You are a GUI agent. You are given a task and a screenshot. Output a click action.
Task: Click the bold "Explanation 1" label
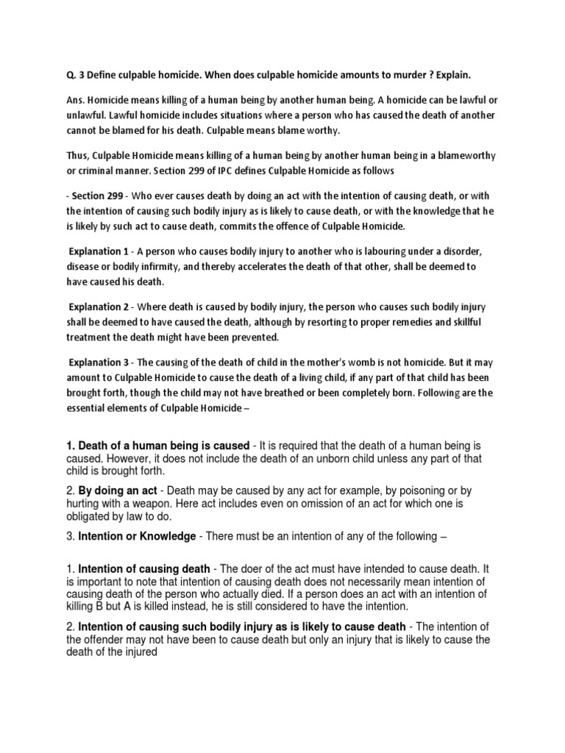pos(99,251)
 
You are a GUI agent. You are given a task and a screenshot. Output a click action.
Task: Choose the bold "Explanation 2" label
pos(99,306)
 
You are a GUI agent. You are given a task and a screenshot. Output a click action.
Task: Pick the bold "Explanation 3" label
pos(99,360)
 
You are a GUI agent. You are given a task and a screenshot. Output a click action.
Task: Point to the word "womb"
pos(327,360)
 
